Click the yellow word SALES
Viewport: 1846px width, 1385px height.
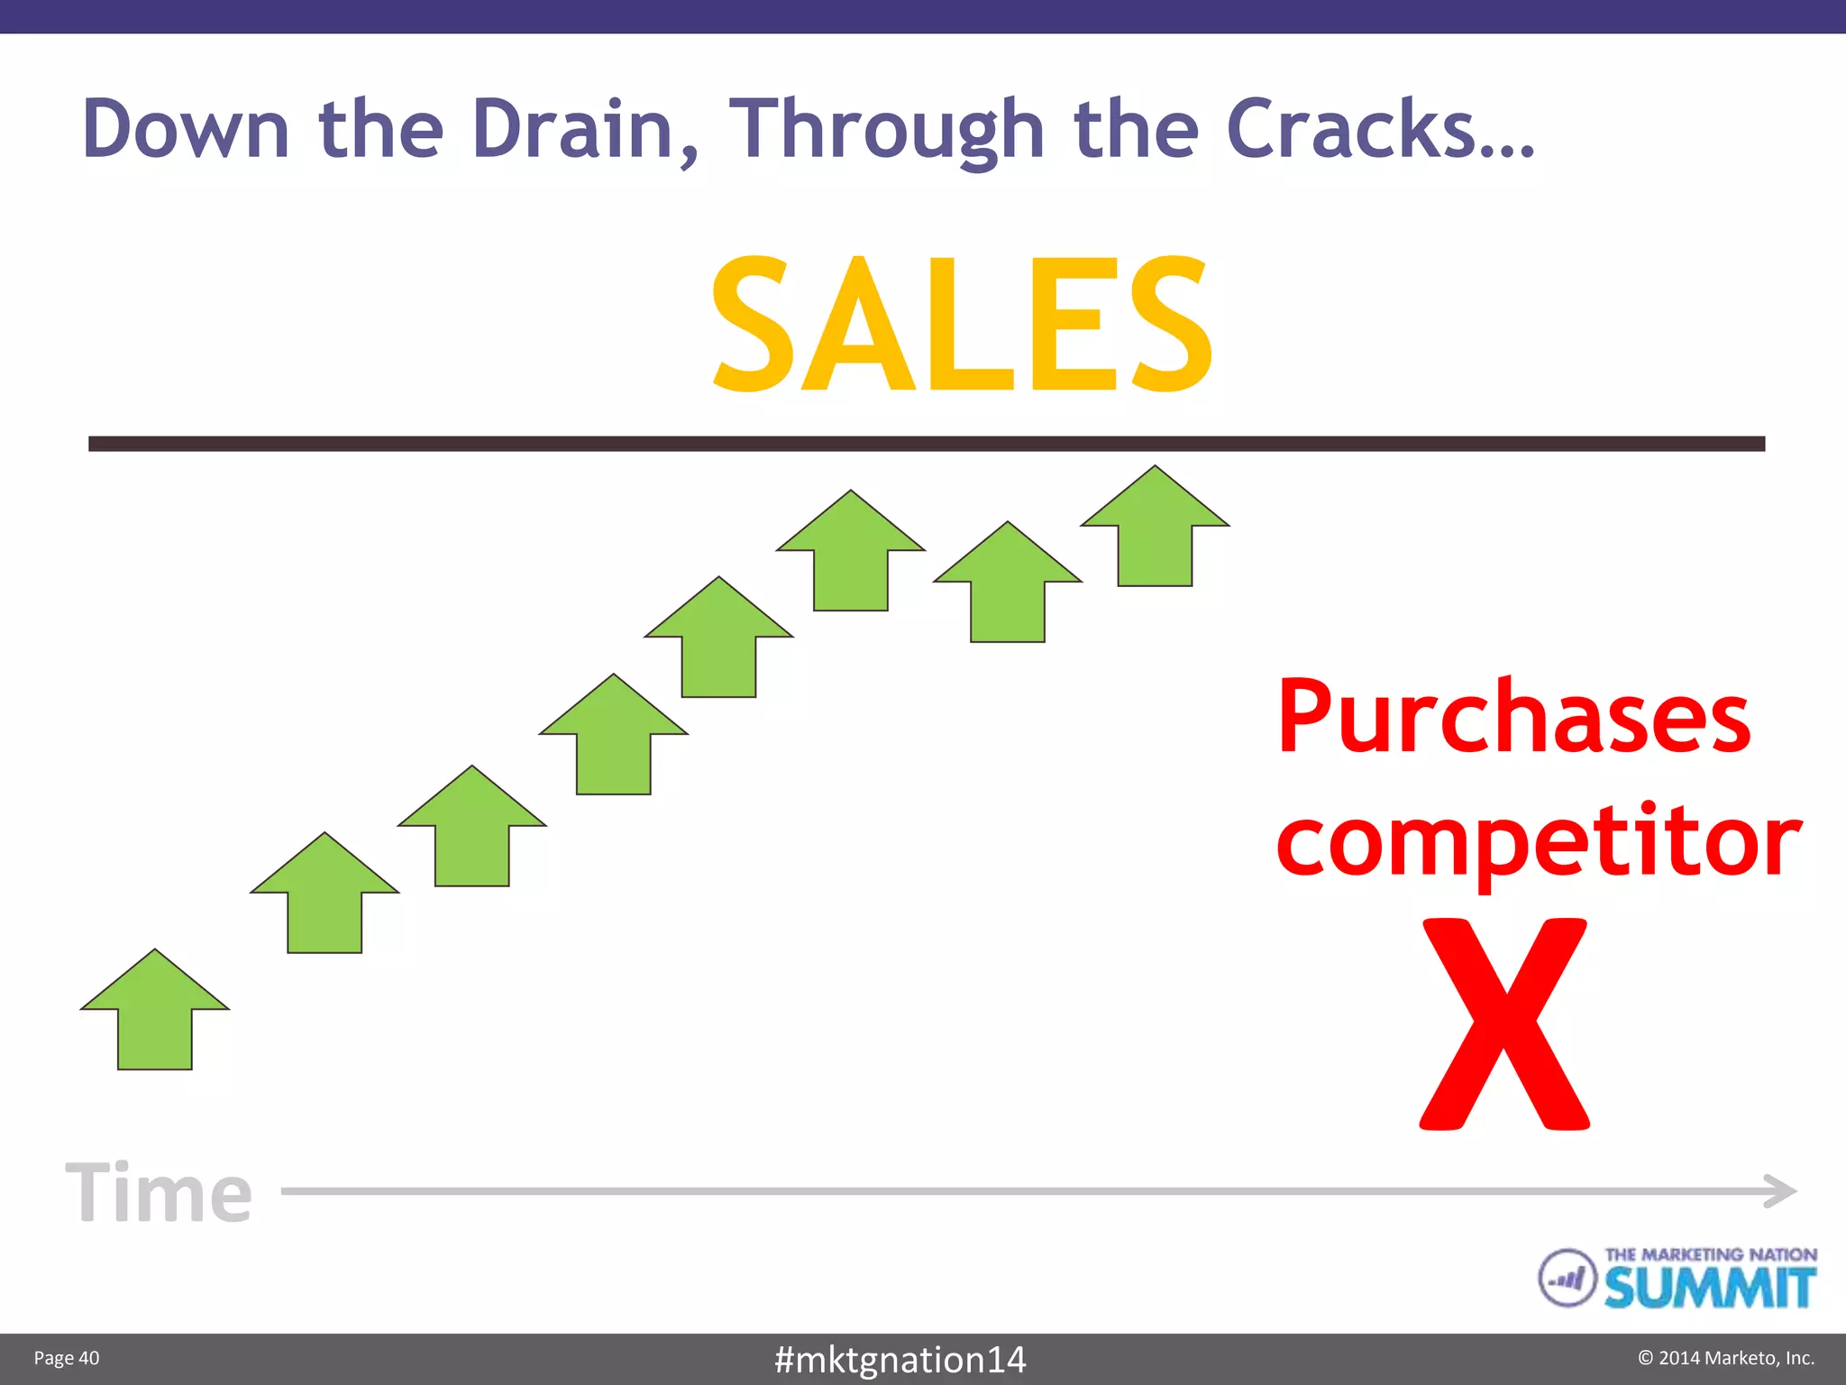coord(962,324)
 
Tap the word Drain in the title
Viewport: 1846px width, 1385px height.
coord(573,129)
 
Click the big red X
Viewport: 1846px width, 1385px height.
coord(1504,1023)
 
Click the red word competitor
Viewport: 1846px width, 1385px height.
coord(1538,840)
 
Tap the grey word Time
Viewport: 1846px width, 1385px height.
coord(160,1192)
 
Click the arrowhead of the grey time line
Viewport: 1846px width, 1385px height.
coord(1780,1191)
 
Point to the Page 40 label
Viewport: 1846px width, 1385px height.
coord(67,1358)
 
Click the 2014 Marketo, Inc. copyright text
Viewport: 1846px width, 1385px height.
coord(1725,1358)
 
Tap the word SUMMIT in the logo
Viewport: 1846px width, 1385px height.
coord(1709,1288)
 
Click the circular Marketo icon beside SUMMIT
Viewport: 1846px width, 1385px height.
coord(1567,1278)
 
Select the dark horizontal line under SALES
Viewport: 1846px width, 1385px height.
coord(926,444)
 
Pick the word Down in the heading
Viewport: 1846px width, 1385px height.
coord(186,129)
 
